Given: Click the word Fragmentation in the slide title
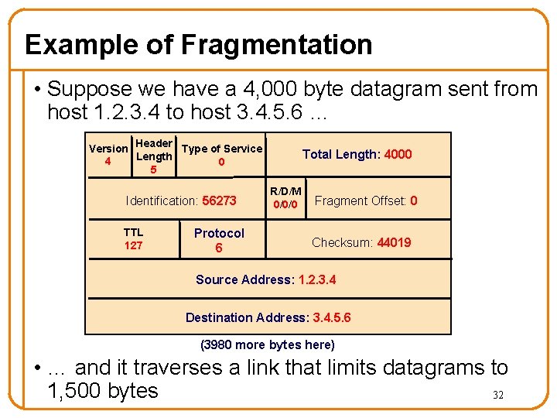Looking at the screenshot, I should click(276, 45).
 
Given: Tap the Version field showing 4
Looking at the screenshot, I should click(108, 155).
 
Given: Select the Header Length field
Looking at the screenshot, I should click(153, 156).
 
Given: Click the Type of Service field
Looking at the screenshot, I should click(222, 155).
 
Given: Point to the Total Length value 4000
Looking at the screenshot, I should click(398, 154).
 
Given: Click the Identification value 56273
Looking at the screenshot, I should click(219, 200).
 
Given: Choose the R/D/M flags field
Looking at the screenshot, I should click(285, 197).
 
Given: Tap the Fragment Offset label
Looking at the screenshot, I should click(360, 200).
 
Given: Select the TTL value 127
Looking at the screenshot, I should click(133, 245).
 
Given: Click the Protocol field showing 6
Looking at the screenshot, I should click(219, 240).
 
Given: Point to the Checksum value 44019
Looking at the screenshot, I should click(394, 242).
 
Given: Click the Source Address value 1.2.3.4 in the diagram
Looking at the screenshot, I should click(317, 279).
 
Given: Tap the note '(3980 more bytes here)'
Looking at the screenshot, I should click(267, 344).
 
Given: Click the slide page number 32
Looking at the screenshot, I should click(498, 395).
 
